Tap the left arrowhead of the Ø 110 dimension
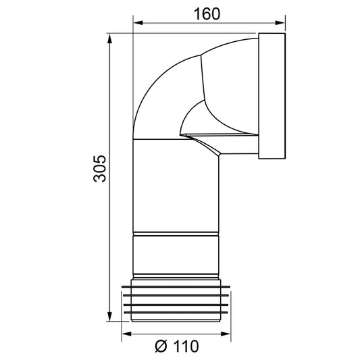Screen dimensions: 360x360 (126, 334)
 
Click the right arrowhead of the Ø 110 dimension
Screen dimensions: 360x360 (226, 334)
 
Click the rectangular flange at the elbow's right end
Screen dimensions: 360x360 (272, 97)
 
